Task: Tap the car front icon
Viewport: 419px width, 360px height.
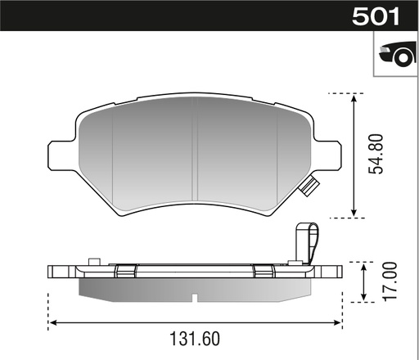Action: (394, 55)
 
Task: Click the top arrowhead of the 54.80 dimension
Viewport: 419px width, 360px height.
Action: (354, 97)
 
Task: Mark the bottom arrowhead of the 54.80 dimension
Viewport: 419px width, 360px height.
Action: (354, 214)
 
